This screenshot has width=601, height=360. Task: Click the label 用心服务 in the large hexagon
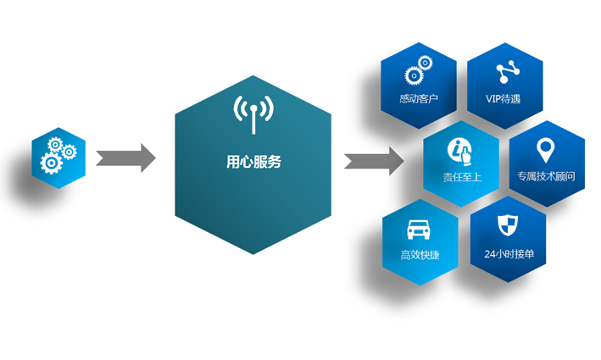pos(253,162)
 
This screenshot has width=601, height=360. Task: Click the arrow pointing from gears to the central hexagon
pos(125,158)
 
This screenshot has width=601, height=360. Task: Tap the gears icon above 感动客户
pos(418,72)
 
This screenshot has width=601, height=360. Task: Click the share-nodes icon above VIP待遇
pos(506,71)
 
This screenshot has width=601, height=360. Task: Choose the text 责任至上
pos(461,177)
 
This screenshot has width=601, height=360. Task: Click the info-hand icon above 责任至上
pos(461,149)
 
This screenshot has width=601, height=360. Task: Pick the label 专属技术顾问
pos(546,177)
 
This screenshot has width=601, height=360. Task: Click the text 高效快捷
pos(420,255)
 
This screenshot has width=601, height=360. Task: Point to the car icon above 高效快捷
pos(418,228)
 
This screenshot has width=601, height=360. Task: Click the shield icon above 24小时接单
pos(506,225)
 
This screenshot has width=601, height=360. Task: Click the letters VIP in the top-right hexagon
pos(493,99)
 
